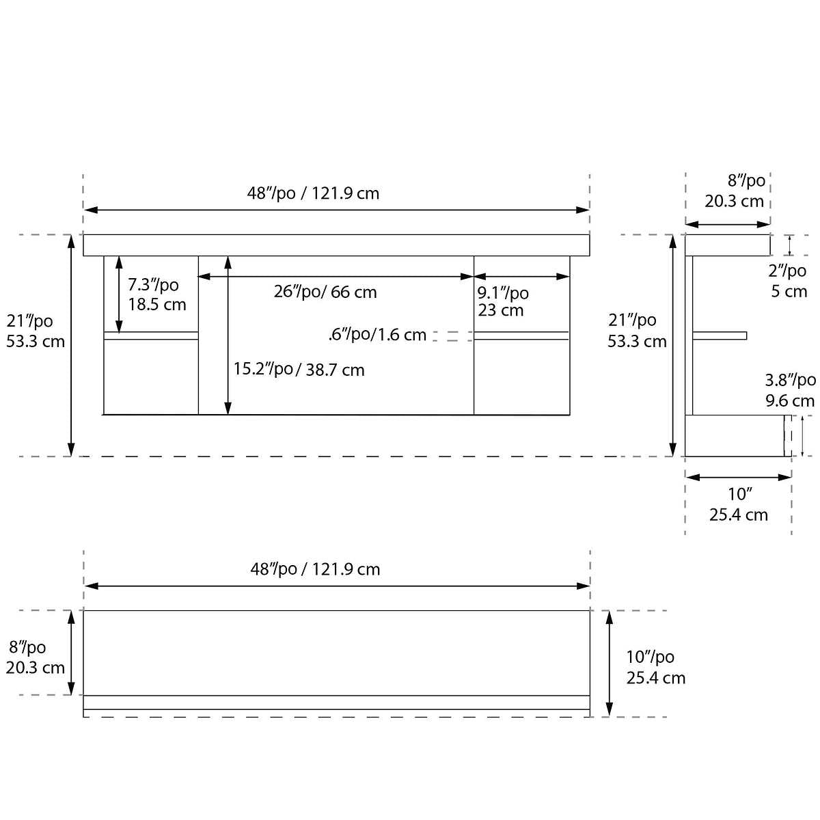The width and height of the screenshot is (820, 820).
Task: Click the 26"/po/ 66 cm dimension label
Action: pyautogui.click(x=325, y=292)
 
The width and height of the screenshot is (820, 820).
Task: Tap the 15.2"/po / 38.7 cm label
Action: pyautogui.click(x=299, y=370)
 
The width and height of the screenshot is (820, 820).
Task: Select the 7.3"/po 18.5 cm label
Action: pyautogui.click(x=156, y=295)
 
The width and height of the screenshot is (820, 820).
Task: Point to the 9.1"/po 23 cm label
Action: pyautogui.click(x=502, y=301)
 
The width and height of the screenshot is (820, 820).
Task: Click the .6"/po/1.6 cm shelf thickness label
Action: pyautogui.click(x=377, y=335)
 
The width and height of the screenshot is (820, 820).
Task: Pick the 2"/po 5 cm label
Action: pyautogui.click(x=789, y=281)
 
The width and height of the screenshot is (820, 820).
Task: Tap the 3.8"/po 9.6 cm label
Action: pyautogui.click(x=789, y=390)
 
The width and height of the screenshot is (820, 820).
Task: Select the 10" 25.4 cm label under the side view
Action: pyautogui.click(x=738, y=504)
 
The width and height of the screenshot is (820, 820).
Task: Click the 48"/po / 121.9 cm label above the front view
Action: pyautogui.click(x=313, y=193)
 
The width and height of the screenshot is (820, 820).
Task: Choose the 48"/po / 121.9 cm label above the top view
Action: pyautogui.click(x=315, y=569)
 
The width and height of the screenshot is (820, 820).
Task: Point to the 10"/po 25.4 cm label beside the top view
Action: pyautogui.click(x=655, y=667)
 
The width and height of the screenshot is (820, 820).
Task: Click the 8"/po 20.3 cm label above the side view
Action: pyautogui.click(x=735, y=191)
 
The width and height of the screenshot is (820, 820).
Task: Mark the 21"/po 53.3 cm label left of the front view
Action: pyautogui.click(x=35, y=331)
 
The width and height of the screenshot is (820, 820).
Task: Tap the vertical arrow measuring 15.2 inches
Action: pyautogui.click(x=228, y=335)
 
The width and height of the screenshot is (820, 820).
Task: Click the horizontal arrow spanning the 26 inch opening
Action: pyautogui.click(x=336, y=277)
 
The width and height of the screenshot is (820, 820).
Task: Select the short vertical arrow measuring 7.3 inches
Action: pyautogui.click(x=119, y=295)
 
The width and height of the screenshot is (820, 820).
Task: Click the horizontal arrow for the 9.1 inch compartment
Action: pyautogui.click(x=521, y=277)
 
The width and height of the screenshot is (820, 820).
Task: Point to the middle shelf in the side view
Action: pyautogui.click(x=720, y=336)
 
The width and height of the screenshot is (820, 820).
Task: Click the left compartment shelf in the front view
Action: pyautogui.click(x=151, y=336)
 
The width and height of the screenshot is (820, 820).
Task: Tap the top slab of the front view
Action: pyautogui.click(x=336, y=245)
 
